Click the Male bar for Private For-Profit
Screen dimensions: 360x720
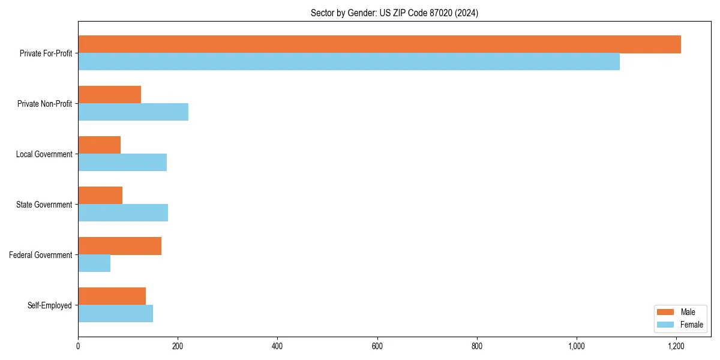tap(379, 44)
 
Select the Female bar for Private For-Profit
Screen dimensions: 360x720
tap(349, 62)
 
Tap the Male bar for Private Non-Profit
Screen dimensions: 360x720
tap(109, 95)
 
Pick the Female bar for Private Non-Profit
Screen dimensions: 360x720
tap(133, 112)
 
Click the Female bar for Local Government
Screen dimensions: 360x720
tap(122, 163)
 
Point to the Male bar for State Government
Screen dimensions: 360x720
tap(100, 196)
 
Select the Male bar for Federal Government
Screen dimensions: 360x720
tap(119, 246)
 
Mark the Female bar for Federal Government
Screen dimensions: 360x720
tap(94, 263)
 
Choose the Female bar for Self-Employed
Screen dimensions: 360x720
tap(115, 314)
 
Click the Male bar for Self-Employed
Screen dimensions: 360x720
tap(112, 296)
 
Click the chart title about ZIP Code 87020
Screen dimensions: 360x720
tap(394, 13)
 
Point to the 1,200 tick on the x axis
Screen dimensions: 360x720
tap(676, 346)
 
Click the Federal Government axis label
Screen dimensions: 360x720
tap(41, 255)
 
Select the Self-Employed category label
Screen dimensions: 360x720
tap(50, 305)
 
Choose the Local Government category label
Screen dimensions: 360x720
tap(44, 154)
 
